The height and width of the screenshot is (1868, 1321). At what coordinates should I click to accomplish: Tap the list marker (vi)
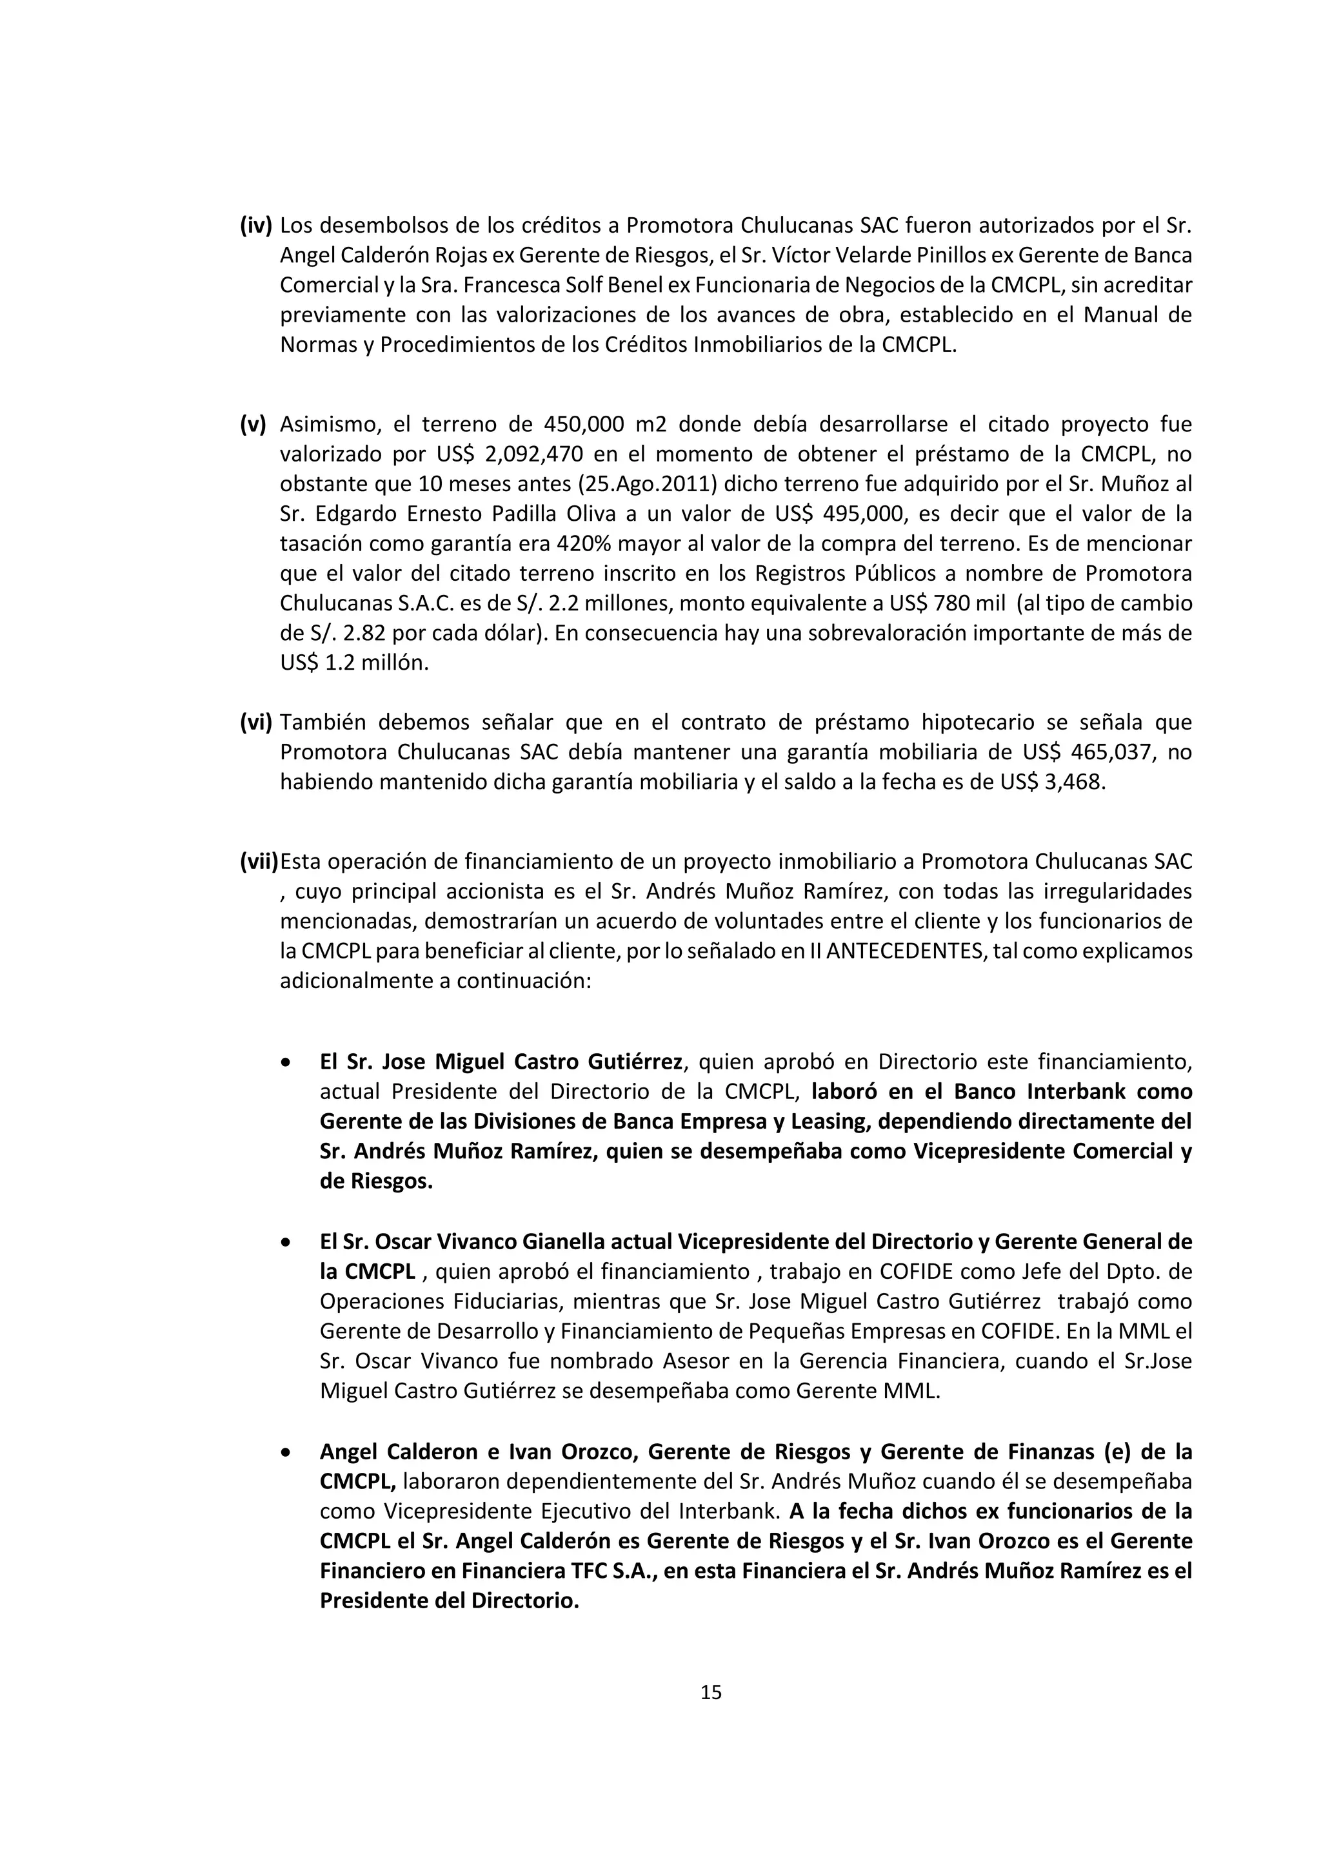(255, 722)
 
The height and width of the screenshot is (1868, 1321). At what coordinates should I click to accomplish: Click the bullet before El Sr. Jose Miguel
(285, 1062)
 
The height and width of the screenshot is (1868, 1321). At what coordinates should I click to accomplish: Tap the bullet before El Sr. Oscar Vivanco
(285, 1242)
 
